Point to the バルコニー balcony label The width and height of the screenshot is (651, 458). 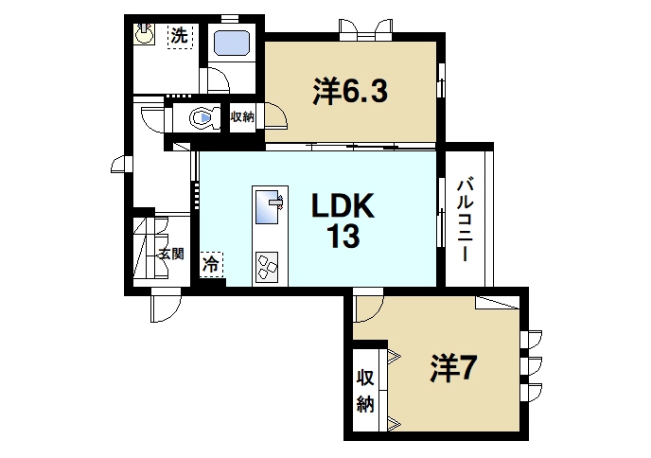[466, 220]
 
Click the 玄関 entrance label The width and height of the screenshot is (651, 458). [171, 254]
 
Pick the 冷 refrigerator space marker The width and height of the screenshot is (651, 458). [210, 264]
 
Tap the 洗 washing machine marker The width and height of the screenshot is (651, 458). [179, 36]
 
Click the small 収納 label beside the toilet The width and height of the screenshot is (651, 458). [242, 117]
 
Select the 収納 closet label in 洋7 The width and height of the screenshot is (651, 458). [365, 391]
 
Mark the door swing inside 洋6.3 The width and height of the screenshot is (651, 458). [277, 116]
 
